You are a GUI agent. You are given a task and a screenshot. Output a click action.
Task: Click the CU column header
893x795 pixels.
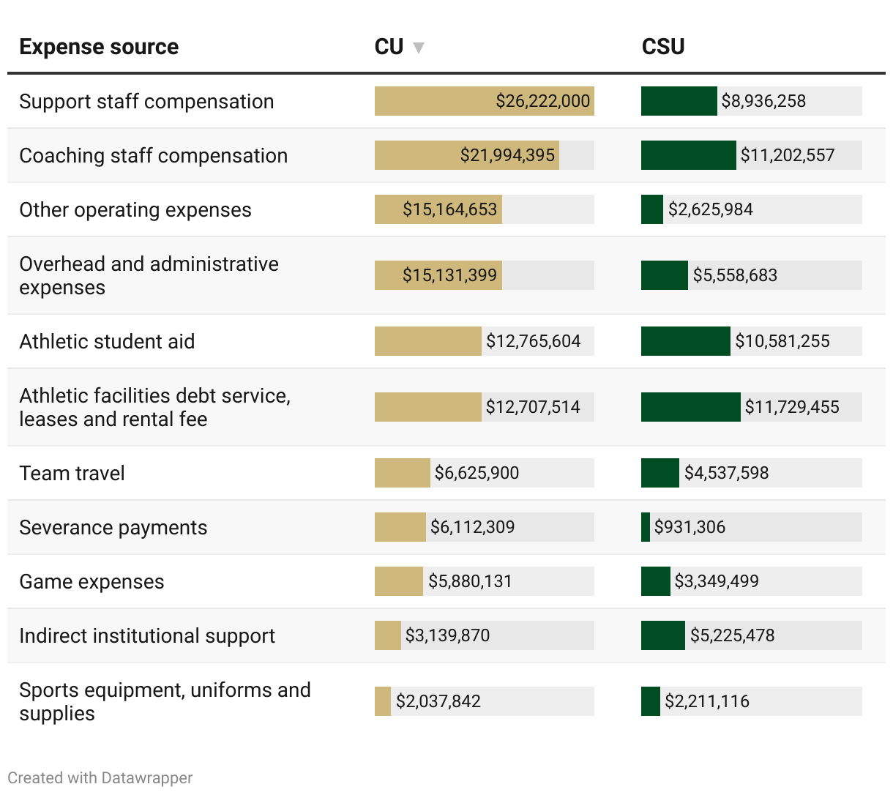pos(389,47)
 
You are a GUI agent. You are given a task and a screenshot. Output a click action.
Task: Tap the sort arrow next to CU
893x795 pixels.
pos(419,48)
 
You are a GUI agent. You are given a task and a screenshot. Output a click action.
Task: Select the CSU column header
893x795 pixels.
pos(663,47)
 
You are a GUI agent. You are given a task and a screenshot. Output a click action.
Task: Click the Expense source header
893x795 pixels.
pos(99,47)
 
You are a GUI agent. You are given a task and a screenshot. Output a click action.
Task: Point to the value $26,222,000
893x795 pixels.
pos(542,101)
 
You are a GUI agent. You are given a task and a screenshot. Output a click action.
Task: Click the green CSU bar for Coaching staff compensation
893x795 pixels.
pos(688,155)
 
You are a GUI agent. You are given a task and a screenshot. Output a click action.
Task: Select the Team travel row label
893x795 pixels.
pos(72,473)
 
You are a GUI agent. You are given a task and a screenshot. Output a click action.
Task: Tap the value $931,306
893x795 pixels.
pos(690,527)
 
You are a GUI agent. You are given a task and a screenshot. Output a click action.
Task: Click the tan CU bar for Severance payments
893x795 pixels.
pos(400,527)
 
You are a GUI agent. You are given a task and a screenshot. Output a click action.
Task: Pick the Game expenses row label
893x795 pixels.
pos(91,581)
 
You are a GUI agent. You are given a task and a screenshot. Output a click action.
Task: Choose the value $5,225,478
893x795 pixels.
pos(732,635)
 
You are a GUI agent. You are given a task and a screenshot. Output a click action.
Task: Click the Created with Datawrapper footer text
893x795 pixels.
pos(100,777)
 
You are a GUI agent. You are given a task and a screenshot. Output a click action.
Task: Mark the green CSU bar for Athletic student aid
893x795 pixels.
pos(685,341)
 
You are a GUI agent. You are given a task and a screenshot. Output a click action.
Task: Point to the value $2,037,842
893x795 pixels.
pos(438,701)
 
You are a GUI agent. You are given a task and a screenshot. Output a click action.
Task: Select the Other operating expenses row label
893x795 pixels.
pos(135,209)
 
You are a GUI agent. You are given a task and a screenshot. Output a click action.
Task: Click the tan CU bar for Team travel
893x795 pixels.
pos(402,473)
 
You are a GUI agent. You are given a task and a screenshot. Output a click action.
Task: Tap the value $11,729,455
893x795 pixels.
pos(792,407)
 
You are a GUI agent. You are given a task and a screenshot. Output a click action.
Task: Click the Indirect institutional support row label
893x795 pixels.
pos(147,635)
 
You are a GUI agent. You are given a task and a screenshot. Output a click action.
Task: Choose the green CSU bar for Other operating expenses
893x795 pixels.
pos(651,209)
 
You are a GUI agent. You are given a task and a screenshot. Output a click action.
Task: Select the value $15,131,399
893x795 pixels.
pos(449,275)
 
